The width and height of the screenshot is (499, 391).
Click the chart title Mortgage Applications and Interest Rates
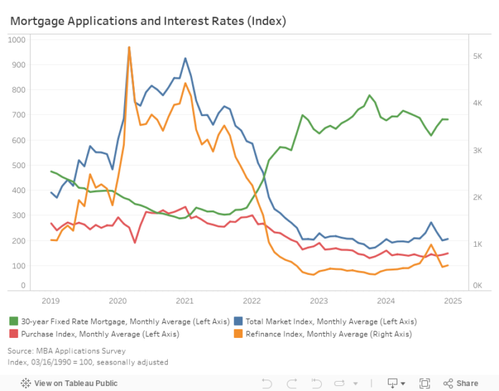148,21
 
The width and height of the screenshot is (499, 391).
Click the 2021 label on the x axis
184,301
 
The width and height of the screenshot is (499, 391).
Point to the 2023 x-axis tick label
319,301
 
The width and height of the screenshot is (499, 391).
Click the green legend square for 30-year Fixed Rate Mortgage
14,321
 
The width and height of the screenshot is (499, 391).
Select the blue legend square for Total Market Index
239,321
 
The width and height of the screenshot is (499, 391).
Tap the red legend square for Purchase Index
14,334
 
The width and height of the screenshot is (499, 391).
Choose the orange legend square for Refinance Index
239,334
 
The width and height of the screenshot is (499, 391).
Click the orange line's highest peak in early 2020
129,47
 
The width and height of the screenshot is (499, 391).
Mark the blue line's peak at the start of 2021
185,58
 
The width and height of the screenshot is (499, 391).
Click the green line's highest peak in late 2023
370,95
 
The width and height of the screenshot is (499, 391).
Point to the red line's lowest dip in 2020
135,242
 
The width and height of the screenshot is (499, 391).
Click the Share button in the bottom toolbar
461,383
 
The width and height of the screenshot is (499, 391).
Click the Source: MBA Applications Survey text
67,351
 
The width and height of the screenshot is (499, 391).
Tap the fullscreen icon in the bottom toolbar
424,383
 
